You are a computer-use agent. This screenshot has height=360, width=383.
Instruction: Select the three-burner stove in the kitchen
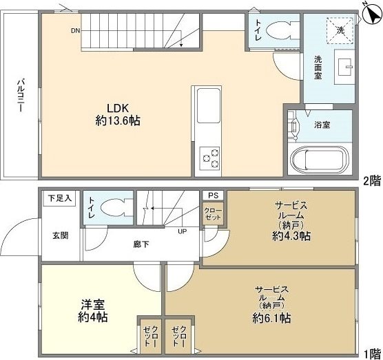point(209,158)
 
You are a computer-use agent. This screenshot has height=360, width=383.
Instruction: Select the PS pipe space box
point(211,195)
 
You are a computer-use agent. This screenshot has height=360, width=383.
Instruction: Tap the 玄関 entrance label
point(60,235)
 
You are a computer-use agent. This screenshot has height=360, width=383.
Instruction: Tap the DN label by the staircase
point(74,31)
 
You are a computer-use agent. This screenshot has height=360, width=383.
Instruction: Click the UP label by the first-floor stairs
point(183,231)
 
